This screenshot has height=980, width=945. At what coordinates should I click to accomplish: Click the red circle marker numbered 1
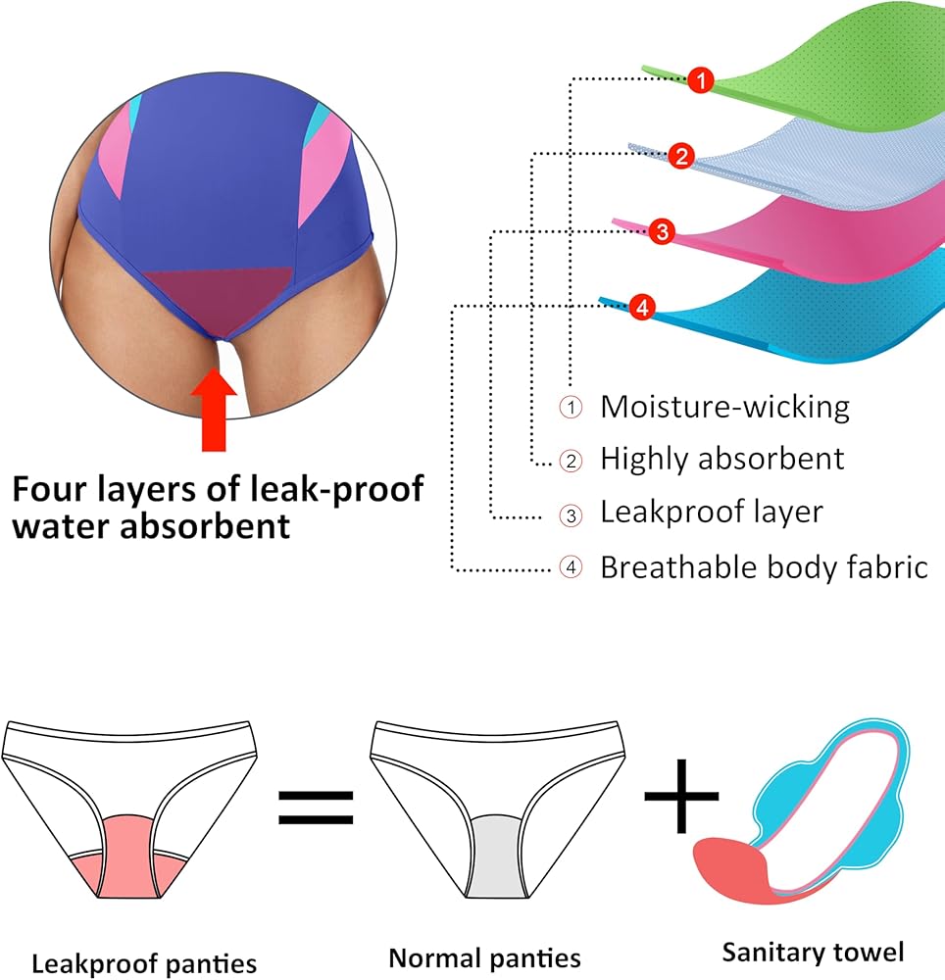[701, 80]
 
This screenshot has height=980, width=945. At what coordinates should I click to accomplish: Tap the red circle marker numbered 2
[681, 156]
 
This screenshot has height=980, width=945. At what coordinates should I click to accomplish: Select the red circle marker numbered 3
[662, 232]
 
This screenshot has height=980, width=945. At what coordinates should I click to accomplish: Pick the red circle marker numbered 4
[642, 308]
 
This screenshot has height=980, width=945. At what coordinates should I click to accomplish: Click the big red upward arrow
[214, 410]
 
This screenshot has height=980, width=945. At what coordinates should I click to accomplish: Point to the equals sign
[316, 807]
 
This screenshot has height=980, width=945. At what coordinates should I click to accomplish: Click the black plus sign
[681, 796]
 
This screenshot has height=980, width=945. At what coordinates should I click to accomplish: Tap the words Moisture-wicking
[725, 407]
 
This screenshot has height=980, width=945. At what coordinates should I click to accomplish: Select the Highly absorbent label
[721, 460]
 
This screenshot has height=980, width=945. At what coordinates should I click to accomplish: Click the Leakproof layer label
[712, 512]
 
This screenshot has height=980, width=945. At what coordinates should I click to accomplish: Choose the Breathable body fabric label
[764, 567]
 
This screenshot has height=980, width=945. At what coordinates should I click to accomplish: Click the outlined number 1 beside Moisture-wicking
[571, 408]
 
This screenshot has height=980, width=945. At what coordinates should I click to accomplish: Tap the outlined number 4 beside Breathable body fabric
[571, 567]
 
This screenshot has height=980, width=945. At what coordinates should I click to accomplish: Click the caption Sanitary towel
[813, 953]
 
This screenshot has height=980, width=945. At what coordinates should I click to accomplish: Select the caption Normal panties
[484, 958]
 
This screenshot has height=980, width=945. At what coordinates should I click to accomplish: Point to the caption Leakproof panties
[144, 963]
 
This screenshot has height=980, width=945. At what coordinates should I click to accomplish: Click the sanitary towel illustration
[801, 811]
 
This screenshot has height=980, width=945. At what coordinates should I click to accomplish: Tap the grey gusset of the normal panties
[496, 856]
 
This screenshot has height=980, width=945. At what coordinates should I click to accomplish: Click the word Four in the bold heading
[49, 489]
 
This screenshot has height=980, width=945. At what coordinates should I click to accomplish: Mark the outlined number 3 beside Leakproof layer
[571, 515]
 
